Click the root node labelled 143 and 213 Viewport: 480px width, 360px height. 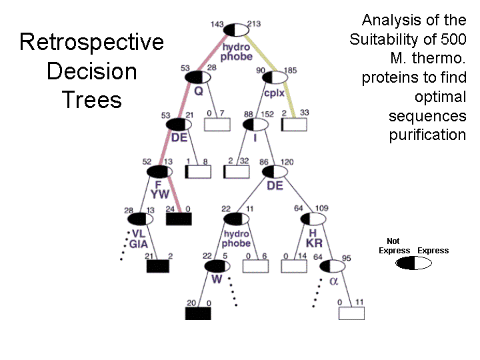pos(236,30)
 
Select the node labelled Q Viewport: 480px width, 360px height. pos(198,77)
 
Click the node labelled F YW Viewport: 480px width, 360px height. pos(159,171)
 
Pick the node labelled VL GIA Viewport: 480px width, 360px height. pos(139,219)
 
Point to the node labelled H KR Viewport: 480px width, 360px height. pos(313,219)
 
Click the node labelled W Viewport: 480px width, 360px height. pos(217,266)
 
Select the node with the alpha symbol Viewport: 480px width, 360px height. pos(333,266)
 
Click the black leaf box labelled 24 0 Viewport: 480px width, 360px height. pos(179,219)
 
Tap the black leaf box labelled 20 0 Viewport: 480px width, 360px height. pos(198,313)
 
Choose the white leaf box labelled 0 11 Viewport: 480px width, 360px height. pos(351,313)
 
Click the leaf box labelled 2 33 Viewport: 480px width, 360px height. pos(293,125)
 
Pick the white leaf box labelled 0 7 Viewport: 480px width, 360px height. pos(217,125)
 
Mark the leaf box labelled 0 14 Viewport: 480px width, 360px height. pos(293,265)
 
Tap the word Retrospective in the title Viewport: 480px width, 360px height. pos(91,42)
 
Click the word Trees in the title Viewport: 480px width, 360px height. pos(91,100)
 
